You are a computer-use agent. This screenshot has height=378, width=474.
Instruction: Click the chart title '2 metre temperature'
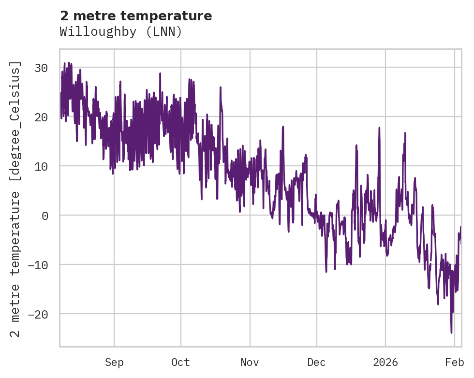click(x=136, y=16)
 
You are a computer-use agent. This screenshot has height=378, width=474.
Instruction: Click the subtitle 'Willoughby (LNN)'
click(x=121, y=32)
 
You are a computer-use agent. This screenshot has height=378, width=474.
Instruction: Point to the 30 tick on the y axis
click(x=42, y=68)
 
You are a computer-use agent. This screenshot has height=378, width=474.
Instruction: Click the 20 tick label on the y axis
click(x=42, y=117)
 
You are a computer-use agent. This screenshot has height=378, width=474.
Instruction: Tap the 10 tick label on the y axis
click(x=42, y=166)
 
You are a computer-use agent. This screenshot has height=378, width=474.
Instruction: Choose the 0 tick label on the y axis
click(x=45, y=216)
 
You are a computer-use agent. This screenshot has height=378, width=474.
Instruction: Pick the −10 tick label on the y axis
click(x=39, y=265)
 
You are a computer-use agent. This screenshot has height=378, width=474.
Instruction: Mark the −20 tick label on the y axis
click(x=39, y=314)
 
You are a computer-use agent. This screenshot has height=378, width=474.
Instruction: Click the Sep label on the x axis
click(x=114, y=363)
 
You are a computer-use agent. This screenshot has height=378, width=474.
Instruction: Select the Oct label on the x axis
click(x=180, y=363)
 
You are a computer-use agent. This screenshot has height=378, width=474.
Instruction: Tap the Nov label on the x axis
click(x=250, y=363)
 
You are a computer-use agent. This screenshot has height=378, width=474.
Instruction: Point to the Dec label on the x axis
click(x=317, y=363)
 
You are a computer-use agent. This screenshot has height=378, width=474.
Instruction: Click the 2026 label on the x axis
click(x=385, y=363)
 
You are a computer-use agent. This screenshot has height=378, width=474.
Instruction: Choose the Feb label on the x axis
click(x=455, y=363)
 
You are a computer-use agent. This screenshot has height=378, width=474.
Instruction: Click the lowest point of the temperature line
click(x=451, y=333)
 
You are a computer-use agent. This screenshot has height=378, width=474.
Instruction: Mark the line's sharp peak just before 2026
click(x=379, y=128)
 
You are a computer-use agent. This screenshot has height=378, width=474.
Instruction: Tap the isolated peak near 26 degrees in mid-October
click(x=220, y=87)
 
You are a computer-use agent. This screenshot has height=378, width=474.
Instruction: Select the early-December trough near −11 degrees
click(x=326, y=272)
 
